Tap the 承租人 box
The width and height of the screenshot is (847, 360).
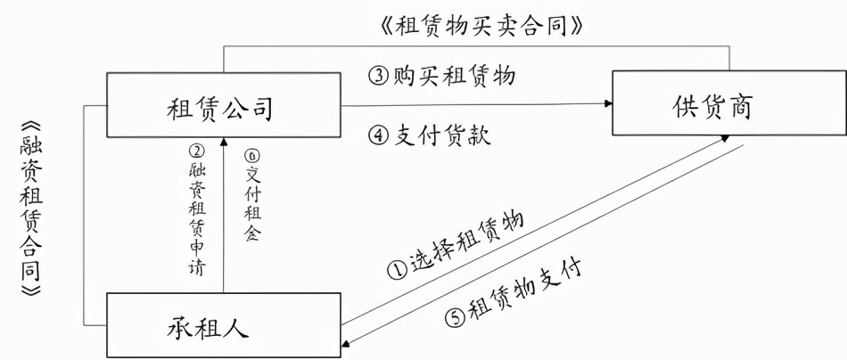(x=223, y=325)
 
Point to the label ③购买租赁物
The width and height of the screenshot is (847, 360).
(x=442, y=76)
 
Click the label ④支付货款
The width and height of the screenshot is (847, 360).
(x=430, y=136)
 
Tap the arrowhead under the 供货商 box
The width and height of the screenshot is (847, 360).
(x=726, y=139)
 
